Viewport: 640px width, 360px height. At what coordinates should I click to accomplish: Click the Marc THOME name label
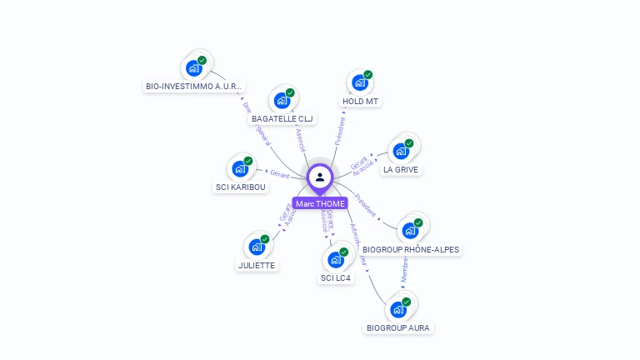click(x=320, y=204)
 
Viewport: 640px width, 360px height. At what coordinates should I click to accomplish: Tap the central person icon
click(x=320, y=177)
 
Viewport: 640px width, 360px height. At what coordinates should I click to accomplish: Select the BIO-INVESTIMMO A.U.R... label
click(x=194, y=86)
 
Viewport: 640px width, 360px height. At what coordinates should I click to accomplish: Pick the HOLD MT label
click(x=360, y=102)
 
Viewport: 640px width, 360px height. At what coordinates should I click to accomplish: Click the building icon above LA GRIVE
click(x=401, y=152)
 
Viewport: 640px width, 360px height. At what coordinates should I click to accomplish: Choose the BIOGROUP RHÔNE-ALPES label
click(x=411, y=249)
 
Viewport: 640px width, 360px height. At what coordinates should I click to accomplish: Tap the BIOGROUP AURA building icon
click(x=398, y=310)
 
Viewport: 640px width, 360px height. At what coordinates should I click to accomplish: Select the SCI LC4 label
click(x=336, y=277)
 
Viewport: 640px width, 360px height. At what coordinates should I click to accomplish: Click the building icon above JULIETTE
click(x=256, y=247)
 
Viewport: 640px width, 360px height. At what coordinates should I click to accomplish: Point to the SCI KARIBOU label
click(x=241, y=187)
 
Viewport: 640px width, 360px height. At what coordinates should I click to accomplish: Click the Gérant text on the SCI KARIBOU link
click(x=280, y=174)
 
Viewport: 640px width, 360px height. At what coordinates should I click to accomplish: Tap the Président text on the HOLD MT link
click(x=340, y=132)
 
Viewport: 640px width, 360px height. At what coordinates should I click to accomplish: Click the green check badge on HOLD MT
click(x=367, y=75)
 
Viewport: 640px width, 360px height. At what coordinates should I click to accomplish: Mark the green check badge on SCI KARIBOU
click(x=248, y=161)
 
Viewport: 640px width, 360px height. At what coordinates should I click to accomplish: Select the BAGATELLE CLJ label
click(x=282, y=119)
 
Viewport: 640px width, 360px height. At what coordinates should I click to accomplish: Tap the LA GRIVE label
click(x=401, y=169)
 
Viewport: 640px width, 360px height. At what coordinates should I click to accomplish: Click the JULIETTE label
click(x=256, y=265)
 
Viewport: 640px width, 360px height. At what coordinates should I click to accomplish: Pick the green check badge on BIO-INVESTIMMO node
click(x=202, y=60)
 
